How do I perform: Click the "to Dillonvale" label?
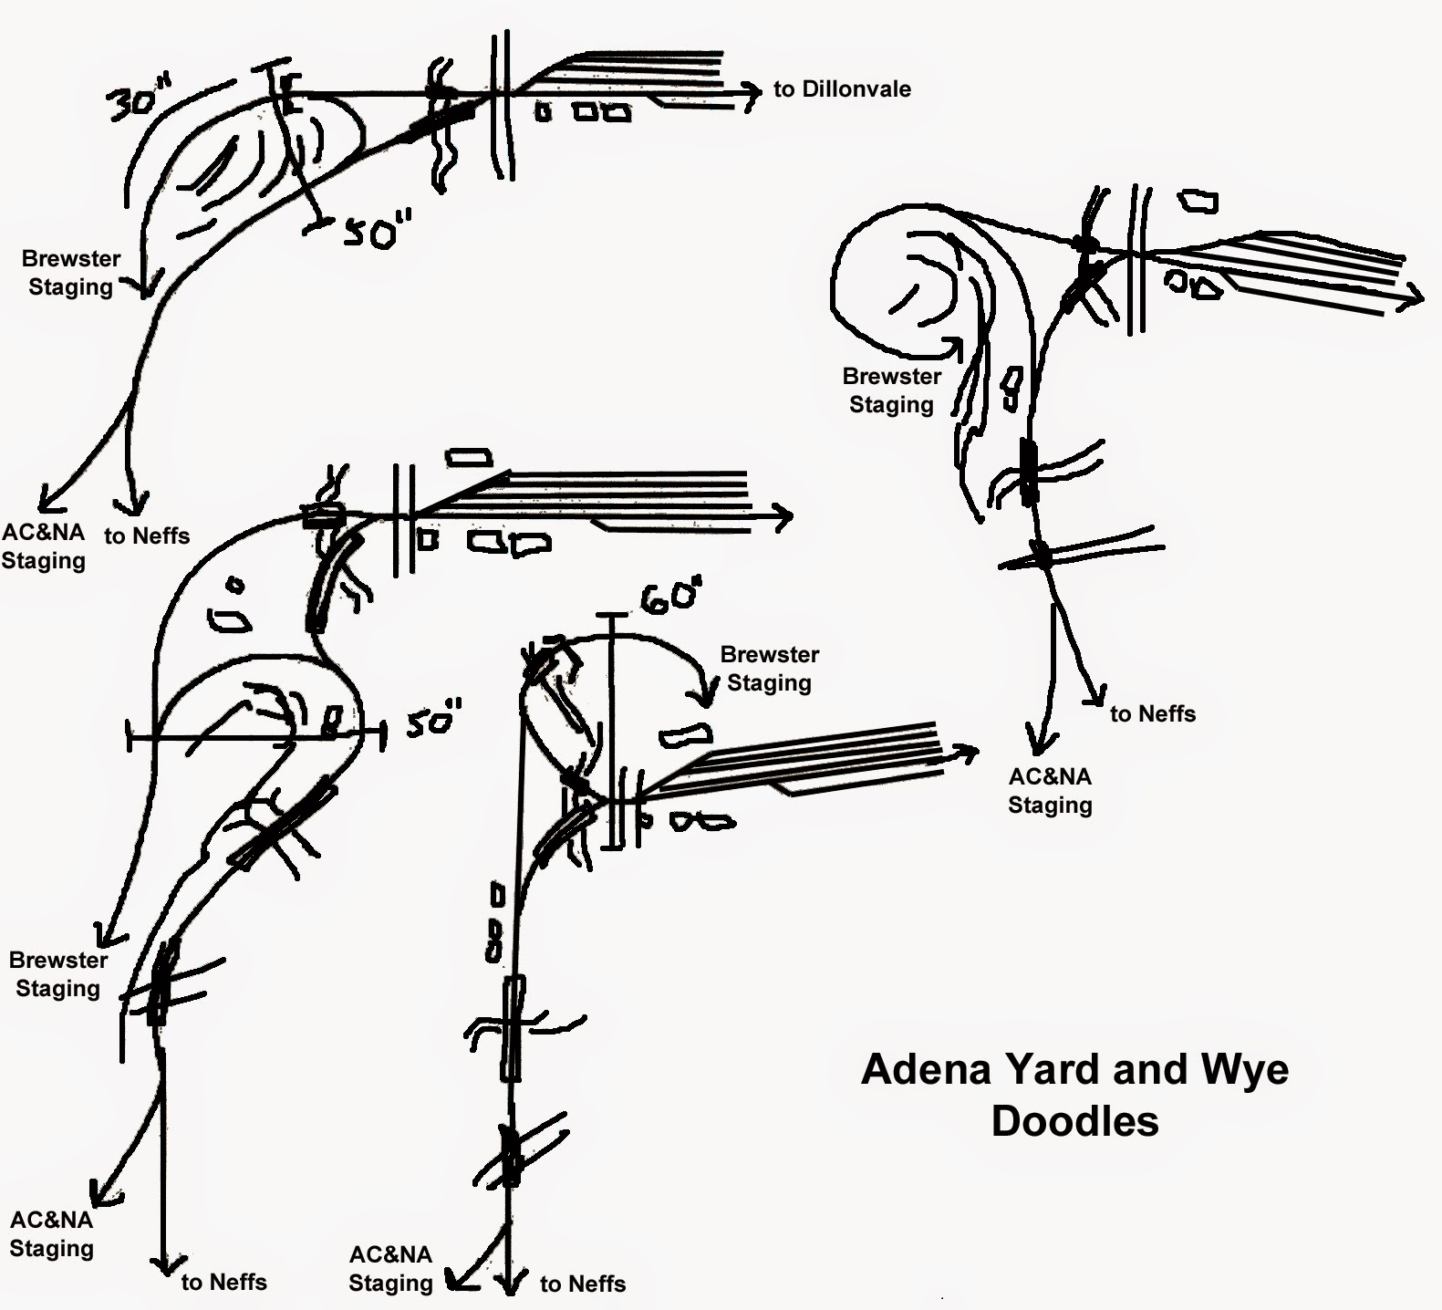tap(841, 89)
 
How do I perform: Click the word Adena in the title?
tap(925, 1069)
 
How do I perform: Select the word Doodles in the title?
tap(1074, 1121)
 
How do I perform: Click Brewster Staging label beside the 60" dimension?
tap(769, 669)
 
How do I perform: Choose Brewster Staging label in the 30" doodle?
tap(70, 273)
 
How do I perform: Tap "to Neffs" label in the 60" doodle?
tap(582, 1284)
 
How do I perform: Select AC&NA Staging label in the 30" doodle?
tap(43, 546)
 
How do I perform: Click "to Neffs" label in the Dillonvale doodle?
tap(146, 536)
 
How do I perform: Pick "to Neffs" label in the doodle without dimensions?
tap(1152, 714)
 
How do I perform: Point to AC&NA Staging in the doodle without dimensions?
tap(1050, 791)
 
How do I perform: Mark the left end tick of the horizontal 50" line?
tap(132, 735)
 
